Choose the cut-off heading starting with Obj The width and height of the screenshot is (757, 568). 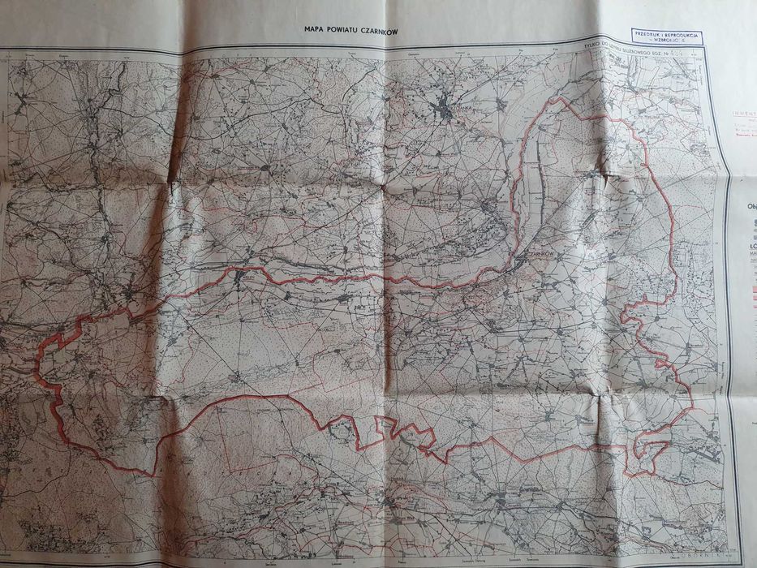[748, 206]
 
